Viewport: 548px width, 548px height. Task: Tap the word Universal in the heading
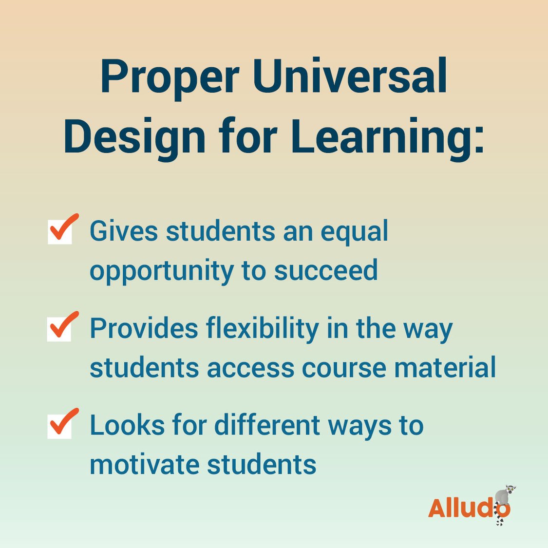(349, 76)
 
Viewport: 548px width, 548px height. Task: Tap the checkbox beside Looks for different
(60, 425)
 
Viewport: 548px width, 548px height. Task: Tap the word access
(250, 368)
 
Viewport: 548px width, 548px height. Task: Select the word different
(267, 425)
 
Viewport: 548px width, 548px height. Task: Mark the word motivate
(144, 464)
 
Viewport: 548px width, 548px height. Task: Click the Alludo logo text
(463, 508)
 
